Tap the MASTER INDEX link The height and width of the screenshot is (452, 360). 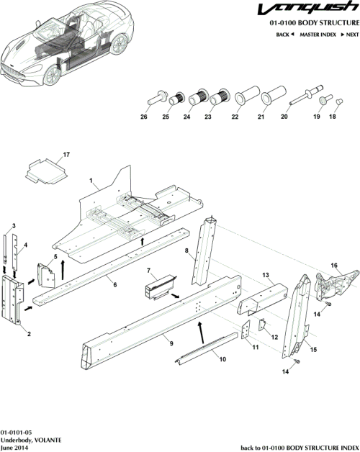click(x=318, y=35)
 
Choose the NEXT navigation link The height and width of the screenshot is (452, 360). click(x=349, y=35)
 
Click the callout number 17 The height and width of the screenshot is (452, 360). click(x=66, y=155)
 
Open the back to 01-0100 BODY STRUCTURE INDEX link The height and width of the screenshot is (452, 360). click(x=299, y=447)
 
